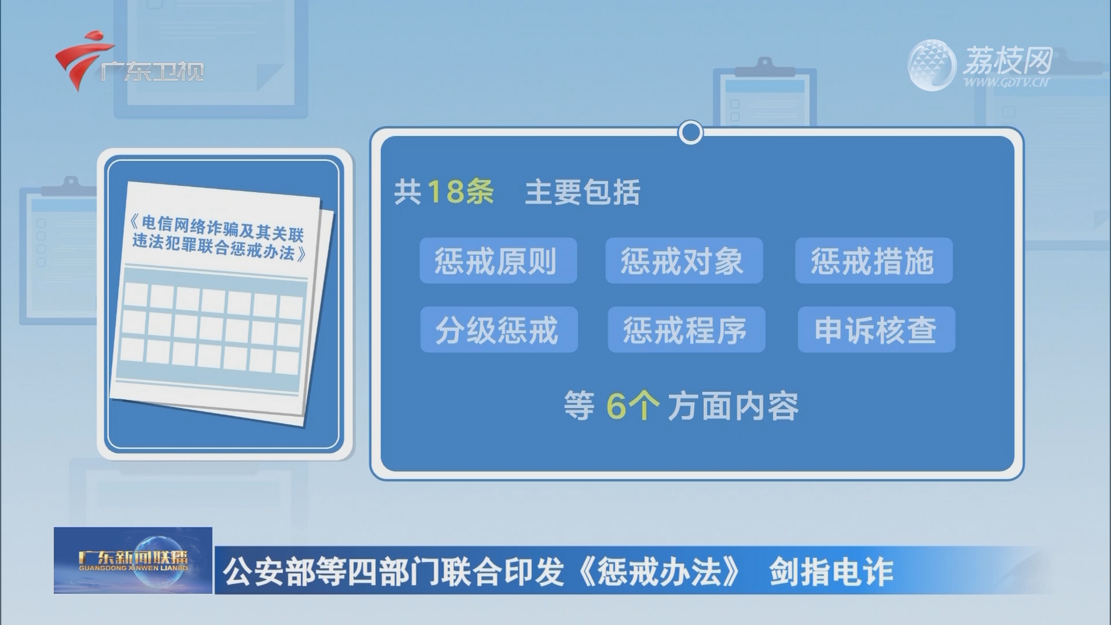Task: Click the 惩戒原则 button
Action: pos(498,260)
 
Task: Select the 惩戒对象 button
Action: pos(684,260)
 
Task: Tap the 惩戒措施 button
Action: pos(874,260)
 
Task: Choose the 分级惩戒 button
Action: pos(499,330)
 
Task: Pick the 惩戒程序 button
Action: pos(686,330)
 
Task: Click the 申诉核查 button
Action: pos(876,330)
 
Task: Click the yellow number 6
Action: pos(616,406)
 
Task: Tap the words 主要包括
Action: pos(582,192)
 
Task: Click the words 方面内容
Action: pos(733,406)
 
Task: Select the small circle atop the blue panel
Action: pos(690,133)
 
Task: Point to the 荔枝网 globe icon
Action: pos(931,65)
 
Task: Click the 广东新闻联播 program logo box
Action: pos(133,560)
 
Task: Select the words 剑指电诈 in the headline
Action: pos(831,572)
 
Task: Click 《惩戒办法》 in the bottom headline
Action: pos(659,572)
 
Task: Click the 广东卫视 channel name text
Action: pos(152,72)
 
